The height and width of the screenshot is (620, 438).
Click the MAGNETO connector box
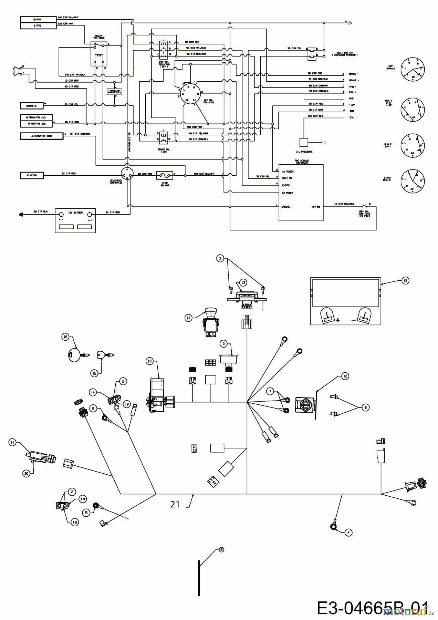pos(32,105)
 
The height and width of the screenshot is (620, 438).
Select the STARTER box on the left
pos(32,176)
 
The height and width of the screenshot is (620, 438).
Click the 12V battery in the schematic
pos(75,220)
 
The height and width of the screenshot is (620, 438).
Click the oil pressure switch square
pos(304,142)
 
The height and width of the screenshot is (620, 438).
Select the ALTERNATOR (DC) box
pos(42,136)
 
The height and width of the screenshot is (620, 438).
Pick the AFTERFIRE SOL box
pos(36,123)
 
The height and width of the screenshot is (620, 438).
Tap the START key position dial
pos(413,181)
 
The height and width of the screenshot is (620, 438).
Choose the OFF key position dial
pos(413,70)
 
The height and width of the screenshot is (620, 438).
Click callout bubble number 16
pos(405,281)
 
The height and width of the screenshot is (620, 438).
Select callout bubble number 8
pos(221,550)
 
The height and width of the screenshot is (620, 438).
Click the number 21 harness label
pos(175,504)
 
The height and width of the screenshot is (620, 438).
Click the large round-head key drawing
pos(73,354)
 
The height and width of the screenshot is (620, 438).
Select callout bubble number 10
pos(149,361)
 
